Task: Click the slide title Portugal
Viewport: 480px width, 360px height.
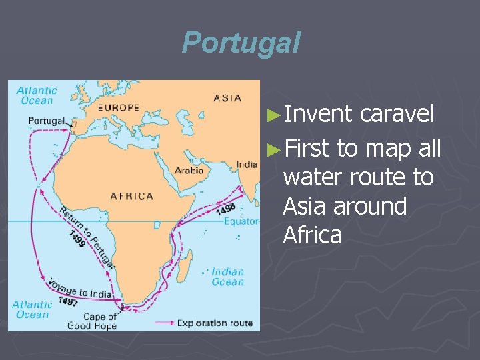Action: coord(241,43)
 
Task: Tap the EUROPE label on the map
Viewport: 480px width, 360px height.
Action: coord(119,107)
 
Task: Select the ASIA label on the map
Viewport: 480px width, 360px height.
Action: coord(227,98)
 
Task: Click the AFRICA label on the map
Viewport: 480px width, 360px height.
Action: coord(131,196)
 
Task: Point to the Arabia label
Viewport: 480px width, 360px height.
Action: coord(189,170)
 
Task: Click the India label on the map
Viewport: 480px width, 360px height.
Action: coord(246,165)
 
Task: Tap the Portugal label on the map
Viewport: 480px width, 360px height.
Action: coord(46,121)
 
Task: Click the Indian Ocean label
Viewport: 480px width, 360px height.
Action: coord(227,277)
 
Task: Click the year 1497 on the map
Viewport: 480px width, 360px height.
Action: coord(67,301)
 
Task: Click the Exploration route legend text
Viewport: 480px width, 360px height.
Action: coord(215,323)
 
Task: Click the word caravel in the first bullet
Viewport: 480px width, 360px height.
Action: coord(397,114)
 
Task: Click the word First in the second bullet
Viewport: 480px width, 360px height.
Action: coord(306,149)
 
